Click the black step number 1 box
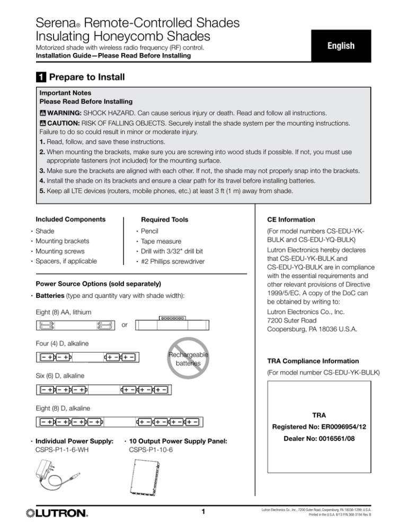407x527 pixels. pos(39,77)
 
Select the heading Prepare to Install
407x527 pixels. pos(86,77)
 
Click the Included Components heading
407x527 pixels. pos(70,219)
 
